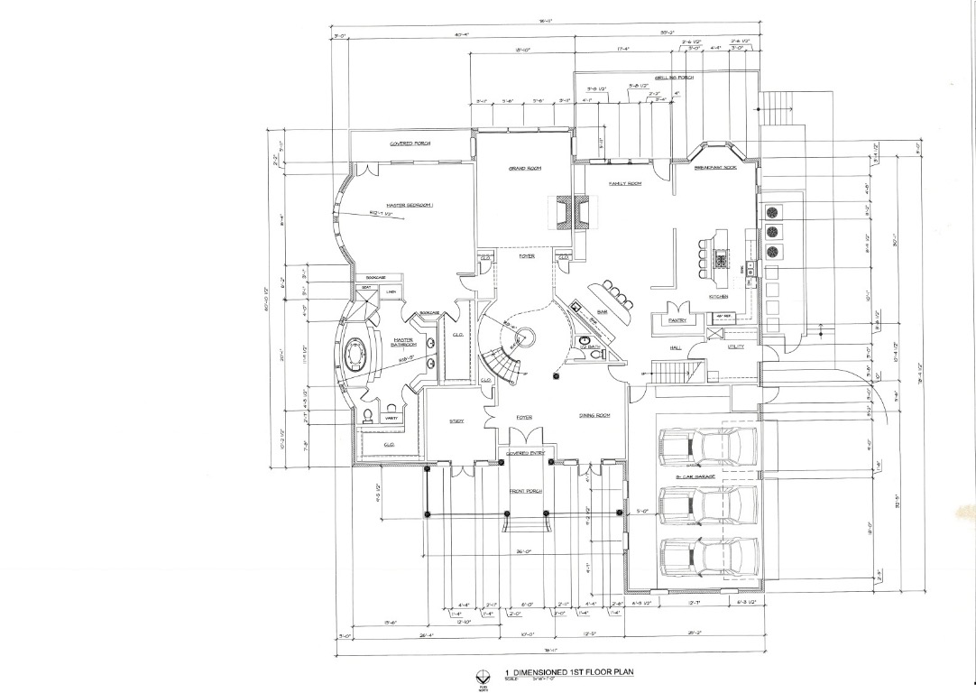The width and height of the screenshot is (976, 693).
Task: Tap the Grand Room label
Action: tap(522, 169)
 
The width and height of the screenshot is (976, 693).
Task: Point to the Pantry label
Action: tap(678, 319)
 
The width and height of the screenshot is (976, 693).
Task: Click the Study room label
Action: tap(456, 421)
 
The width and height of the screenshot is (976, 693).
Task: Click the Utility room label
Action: tap(736, 346)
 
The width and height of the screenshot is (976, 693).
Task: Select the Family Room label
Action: tap(624, 183)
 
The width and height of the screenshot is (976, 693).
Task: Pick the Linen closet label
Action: tap(391, 291)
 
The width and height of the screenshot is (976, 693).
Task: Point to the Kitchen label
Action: tap(718, 297)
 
